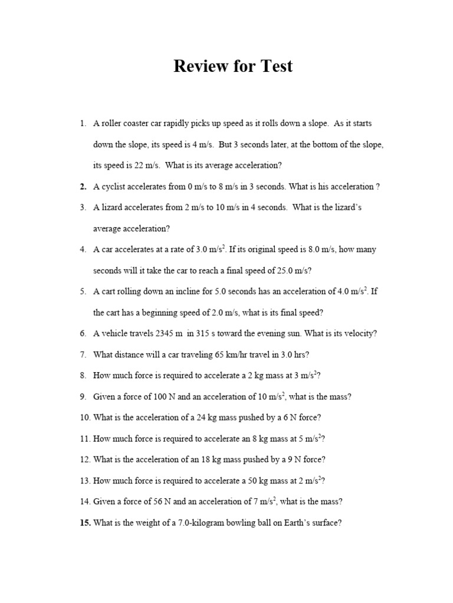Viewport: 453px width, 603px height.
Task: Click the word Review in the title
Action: coord(199,67)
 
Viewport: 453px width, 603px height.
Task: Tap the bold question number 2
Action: coord(83,187)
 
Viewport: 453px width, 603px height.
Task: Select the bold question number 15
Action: coord(84,522)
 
